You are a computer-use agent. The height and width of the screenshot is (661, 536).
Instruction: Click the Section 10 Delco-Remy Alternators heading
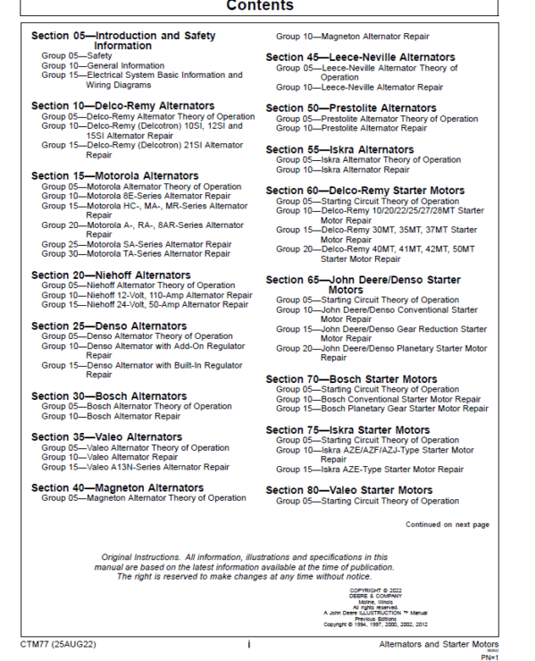click(122, 106)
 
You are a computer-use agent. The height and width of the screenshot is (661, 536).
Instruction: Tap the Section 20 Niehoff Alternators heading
click(111, 275)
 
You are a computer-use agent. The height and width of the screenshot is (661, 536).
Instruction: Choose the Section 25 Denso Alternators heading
click(109, 326)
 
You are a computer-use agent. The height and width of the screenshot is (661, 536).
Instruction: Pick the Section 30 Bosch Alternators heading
click(109, 396)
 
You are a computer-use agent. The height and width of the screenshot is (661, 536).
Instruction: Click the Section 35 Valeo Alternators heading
click(106, 437)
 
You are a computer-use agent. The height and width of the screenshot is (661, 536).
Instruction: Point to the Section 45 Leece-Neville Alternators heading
click(360, 57)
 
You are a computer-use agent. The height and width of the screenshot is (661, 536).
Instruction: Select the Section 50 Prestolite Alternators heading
click(351, 108)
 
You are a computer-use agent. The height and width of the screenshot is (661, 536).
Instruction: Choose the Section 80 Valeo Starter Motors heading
click(349, 490)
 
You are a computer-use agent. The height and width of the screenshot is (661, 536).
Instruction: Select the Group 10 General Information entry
click(103, 65)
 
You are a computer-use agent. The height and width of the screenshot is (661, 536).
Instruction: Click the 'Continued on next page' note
click(448, 524)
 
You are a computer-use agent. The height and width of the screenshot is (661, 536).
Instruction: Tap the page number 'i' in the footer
click(248, 643)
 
